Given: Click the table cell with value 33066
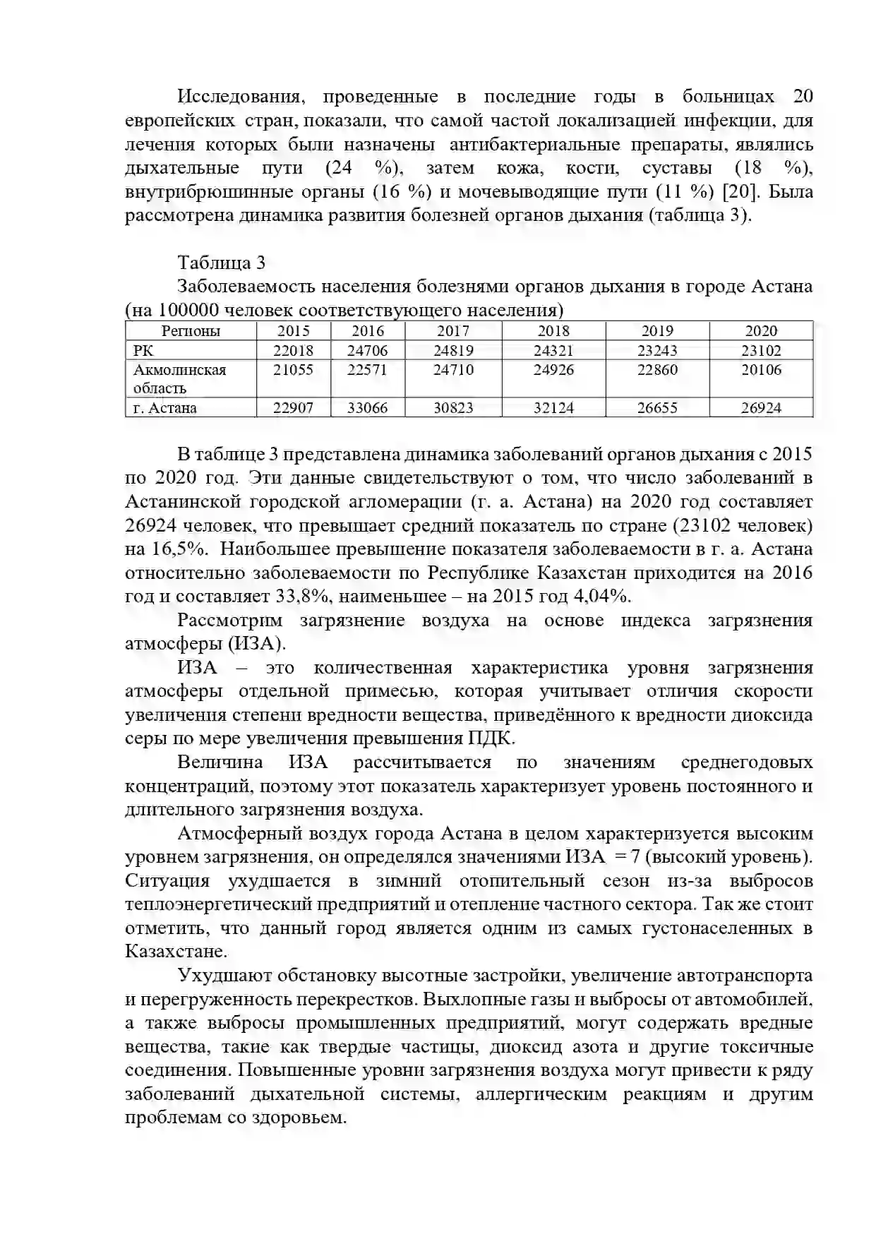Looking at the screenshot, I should tap(367, 408).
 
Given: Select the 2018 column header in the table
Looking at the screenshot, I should tap(553, 331).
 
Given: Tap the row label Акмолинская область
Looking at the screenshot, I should tap(180, 378).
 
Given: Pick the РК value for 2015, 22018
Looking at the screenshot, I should tap(293, 351).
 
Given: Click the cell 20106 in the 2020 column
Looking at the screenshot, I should tap(761, 370).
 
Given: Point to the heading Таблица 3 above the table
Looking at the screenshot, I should tap(221, 263).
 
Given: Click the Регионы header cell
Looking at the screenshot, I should tap(191, 331).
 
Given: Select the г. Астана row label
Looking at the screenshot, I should tap(165, 408).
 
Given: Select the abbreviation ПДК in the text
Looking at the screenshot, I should tap(491, 738).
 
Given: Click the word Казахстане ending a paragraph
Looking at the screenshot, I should tap(176, 951).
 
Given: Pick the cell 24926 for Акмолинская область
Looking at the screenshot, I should tap(553, 370).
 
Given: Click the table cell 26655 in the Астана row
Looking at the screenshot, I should tap(656, 408).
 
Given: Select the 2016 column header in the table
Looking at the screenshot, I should tap(367, 331).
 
